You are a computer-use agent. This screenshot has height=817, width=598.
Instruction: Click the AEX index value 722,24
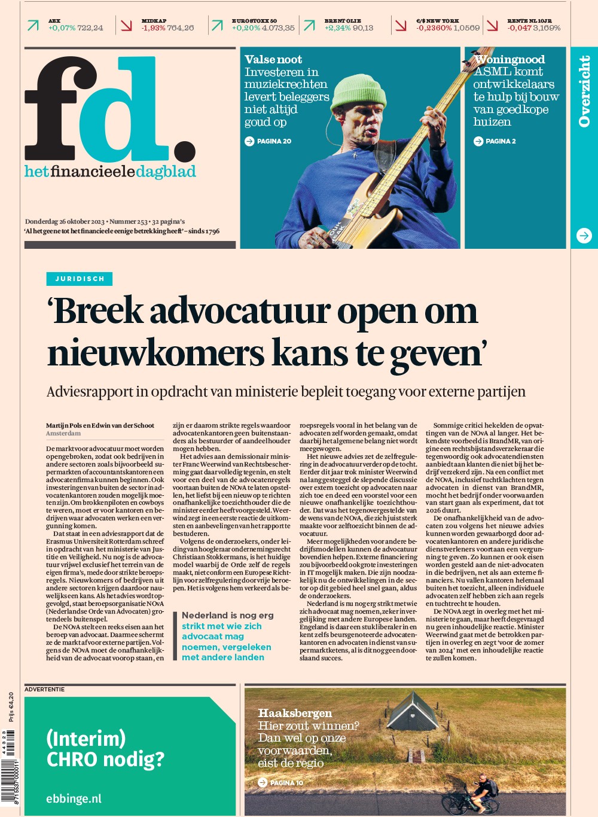coord(90,28)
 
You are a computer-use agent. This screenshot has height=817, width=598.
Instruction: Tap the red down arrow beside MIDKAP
coord(126,25)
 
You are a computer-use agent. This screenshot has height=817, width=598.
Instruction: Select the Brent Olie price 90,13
coord(363,28)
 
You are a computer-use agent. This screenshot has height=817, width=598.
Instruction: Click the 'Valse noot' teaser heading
coord(273,59)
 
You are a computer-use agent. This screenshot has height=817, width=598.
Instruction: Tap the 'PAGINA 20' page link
coord(269,141)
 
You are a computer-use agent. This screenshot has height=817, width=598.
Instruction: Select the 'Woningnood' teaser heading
coord(509,59)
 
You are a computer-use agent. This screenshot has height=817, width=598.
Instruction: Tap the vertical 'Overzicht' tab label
coord(584,91)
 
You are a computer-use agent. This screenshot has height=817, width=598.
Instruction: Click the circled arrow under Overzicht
coord(584,236)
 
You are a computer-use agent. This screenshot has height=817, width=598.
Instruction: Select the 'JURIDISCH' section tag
coord(80,279)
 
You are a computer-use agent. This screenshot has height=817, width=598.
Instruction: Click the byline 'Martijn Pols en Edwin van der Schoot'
coord(100,425)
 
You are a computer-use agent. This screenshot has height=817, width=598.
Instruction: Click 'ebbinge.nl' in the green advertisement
coord(74,798)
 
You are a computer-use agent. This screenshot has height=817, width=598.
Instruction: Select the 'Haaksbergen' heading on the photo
coord(295,713)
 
